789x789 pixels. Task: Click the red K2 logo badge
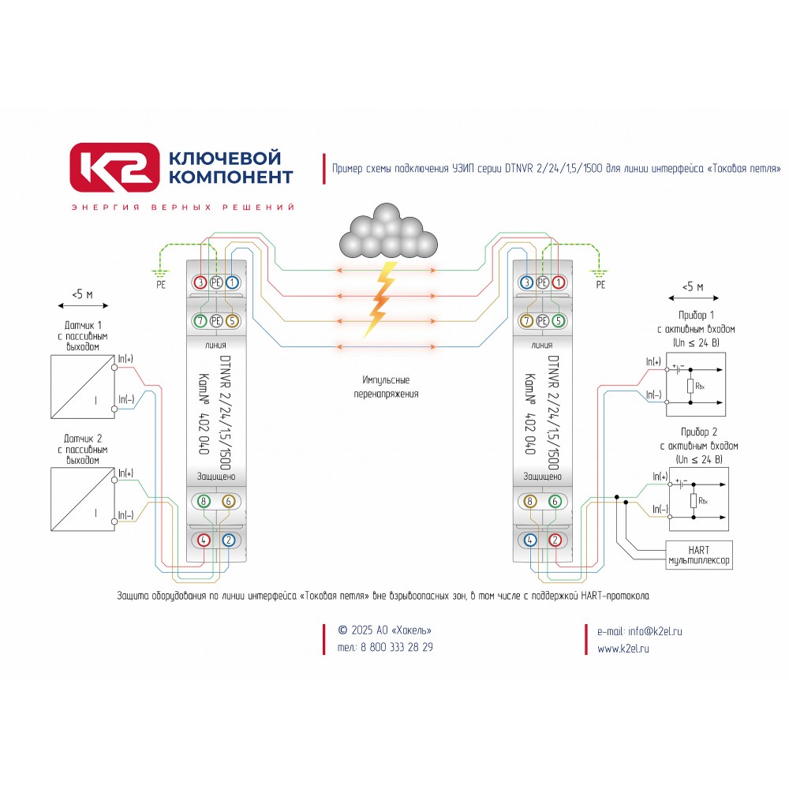[x=114, y=167]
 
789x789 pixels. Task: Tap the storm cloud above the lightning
[x=388, y=232]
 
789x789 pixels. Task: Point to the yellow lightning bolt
[x=381, y=299]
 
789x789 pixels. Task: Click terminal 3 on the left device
[x=200, y=282]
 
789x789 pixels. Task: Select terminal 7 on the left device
[x=200, y=320]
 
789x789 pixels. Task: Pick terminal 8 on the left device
[x=204, y=501]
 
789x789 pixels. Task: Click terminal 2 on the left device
[x=229, y=540]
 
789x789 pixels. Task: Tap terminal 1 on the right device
[x=558, y=282]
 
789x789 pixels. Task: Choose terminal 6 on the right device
[x=555, y=501]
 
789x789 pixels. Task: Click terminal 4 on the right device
[x=530, y=540]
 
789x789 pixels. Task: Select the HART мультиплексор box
[x=699, y=555]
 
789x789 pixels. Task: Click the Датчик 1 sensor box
[x=83, y=387]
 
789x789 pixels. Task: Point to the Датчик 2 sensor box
[x=83, y=499]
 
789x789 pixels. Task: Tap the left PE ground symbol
[x=160, y=275]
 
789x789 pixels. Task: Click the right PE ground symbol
[x=600, y=275]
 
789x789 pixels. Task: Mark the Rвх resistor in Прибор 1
[x=690, y=387]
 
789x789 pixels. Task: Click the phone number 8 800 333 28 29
[x=397, y=647]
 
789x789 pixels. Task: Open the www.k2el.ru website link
[x=623, y=649]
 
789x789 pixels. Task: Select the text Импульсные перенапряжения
[x=386, y=387]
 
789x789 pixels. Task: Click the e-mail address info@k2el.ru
[x=655, y=631]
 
